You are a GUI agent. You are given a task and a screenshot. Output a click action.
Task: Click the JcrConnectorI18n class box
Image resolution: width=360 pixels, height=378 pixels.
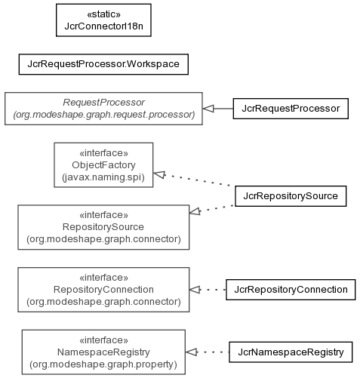coord(103,20)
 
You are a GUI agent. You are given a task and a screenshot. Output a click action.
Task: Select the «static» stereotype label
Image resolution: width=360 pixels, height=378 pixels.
coord(103,14)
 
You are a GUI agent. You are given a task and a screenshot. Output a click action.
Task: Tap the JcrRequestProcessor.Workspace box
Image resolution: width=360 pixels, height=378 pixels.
coord(103,64)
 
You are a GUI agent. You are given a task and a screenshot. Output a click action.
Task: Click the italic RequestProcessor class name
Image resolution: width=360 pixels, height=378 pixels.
coord(103,103)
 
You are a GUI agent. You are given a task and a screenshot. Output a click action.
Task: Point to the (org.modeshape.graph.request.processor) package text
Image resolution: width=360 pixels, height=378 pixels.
coord(103,115)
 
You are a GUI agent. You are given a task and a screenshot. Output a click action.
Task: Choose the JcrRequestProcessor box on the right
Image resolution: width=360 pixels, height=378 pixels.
coord(291,109)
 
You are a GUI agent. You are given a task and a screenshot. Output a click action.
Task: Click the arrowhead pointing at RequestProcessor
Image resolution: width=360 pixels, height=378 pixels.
coord(208,109)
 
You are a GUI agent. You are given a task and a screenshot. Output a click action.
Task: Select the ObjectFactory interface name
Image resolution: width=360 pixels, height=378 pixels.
coord(103,165)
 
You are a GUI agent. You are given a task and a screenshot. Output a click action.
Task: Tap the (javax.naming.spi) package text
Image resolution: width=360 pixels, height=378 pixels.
coord(103,177)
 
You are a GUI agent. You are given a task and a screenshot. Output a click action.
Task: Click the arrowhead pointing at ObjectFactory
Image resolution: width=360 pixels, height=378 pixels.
coord(159,174)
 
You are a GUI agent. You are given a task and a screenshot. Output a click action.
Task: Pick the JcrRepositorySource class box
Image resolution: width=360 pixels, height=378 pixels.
coord(291,196)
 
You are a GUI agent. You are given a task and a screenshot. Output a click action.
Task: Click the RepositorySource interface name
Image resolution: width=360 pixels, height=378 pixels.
coord(103,227)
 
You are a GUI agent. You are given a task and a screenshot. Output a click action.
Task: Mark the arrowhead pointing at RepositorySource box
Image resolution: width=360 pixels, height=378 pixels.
coord(195,212)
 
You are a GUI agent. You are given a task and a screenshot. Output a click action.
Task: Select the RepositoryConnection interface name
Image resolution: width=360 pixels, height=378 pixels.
coord(103,290)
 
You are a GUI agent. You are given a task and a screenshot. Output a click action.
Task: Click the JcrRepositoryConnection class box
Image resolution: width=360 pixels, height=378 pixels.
coord(291,290)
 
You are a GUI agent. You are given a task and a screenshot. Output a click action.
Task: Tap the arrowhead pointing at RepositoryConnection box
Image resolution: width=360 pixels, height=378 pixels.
coord(195,290)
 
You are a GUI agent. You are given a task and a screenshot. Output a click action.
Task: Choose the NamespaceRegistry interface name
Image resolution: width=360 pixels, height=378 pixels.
coord(103,352)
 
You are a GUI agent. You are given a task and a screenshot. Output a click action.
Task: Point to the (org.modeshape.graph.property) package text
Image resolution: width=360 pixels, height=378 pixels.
coord(103,364)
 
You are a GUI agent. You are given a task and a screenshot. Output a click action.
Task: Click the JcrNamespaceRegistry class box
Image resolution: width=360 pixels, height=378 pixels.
coord(291,352)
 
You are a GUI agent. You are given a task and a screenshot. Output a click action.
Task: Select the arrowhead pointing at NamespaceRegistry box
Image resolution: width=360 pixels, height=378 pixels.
coord(191,352)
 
